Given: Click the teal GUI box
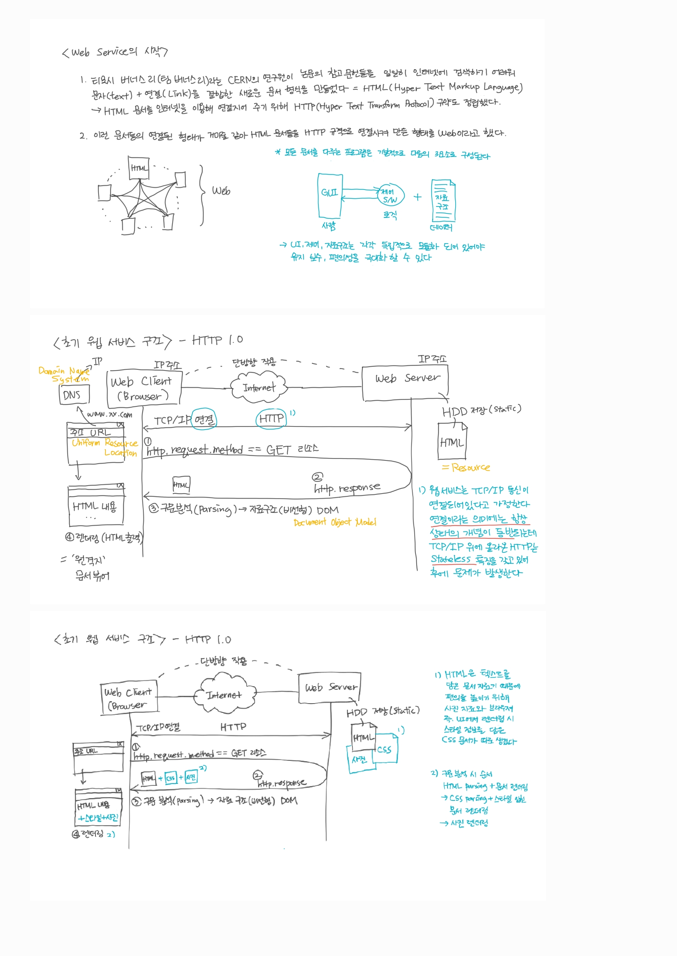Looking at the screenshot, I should point(330,195).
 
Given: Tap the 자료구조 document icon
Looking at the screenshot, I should point(443,201).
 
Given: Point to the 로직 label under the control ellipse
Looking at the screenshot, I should point(390,215).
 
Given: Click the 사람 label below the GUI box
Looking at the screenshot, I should point(329,226).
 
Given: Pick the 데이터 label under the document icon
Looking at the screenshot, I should point(441,227).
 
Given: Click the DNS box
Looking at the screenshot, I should point(73,394).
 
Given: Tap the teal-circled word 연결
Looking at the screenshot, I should point(204,419).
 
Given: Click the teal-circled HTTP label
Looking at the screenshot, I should point(271,418).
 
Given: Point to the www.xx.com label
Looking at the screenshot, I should point(110,414).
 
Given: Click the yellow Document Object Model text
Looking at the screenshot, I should point(334,522).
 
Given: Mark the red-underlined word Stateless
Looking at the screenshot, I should point(451,559).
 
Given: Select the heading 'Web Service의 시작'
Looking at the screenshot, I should point(115,52).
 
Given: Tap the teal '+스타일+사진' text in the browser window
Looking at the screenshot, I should point(99,818).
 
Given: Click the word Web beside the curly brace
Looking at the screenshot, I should point(221,191).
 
